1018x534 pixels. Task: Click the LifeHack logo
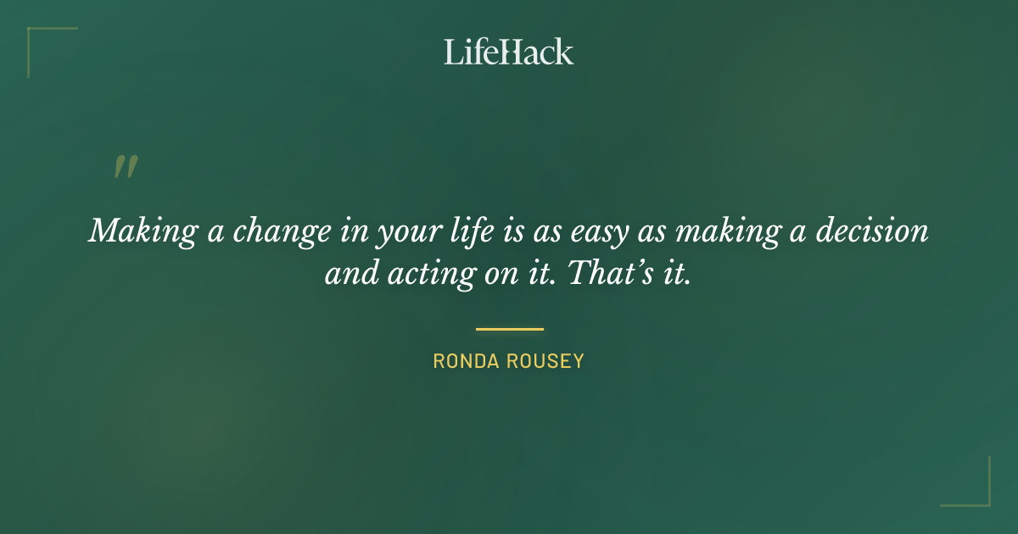pyautogui.click(x=508, y=52)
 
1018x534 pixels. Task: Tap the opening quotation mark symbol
pyautogui.click(x=126, y=167)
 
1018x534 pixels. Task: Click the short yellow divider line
pyautogui.click(x=509, y=329)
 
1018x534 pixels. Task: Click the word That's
pyautogui.click(x=608, y=275)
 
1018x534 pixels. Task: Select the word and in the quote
pyautogui.click(x=347, y=275)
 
